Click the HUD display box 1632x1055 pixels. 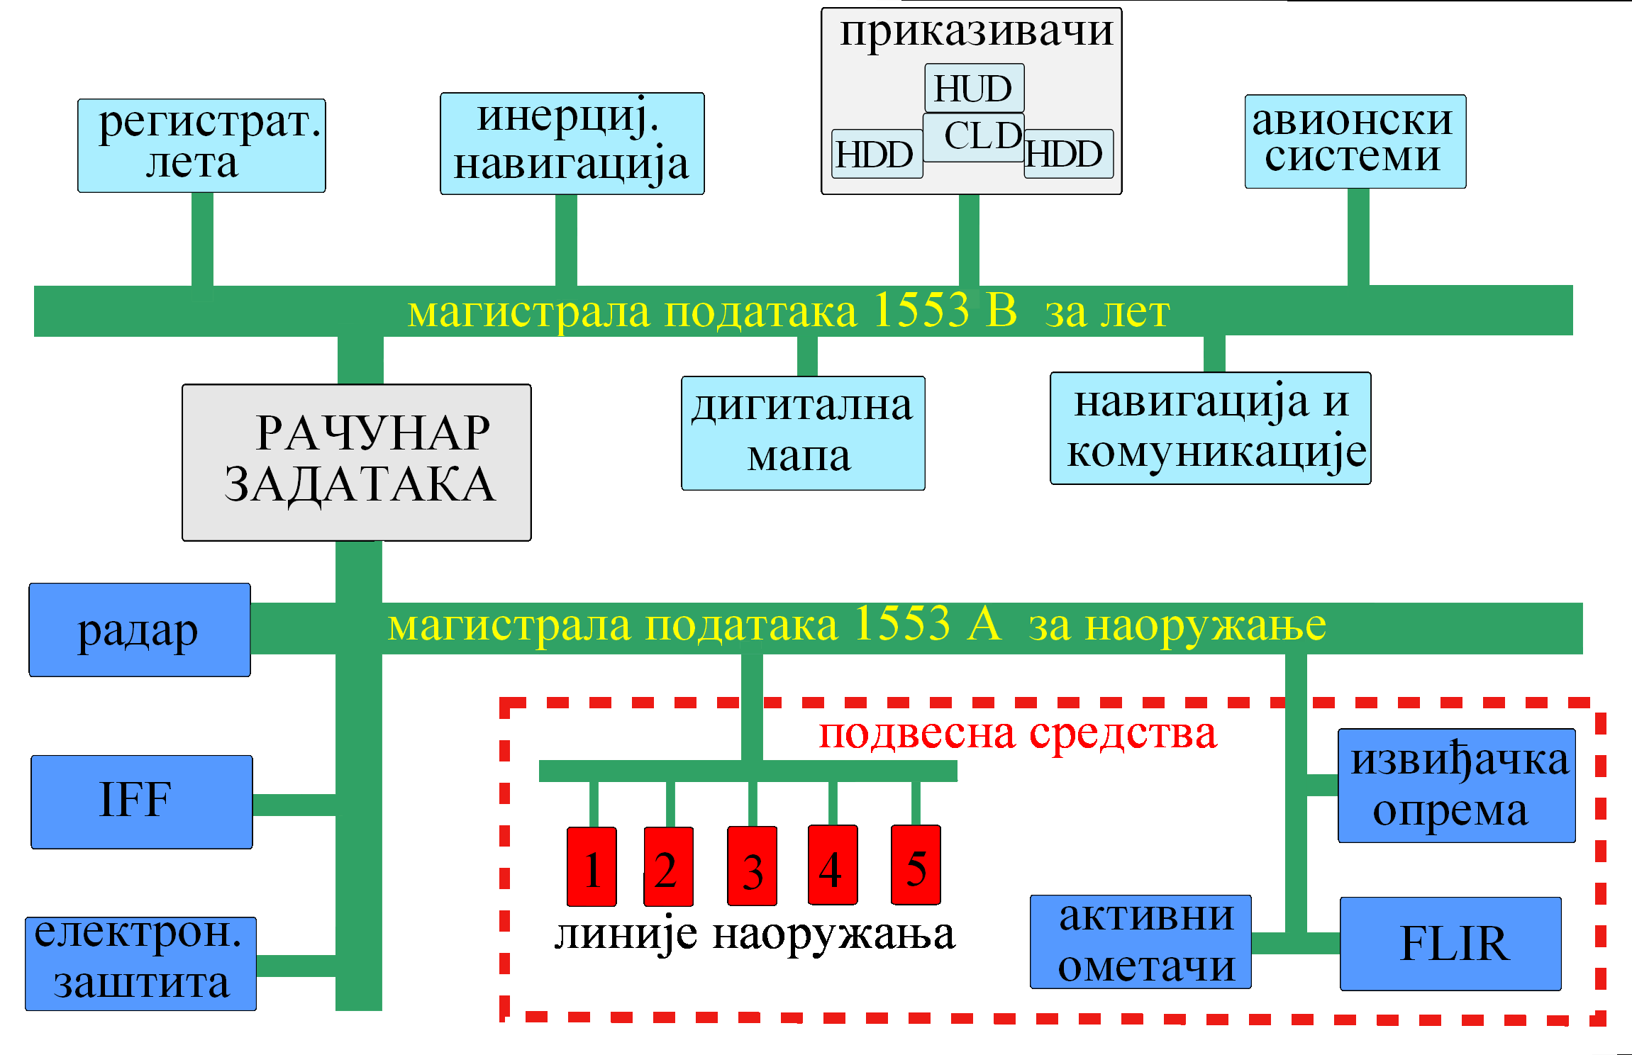974,88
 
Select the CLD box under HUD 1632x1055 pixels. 973,137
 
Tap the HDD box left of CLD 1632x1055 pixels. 877,154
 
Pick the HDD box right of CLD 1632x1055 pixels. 1068,154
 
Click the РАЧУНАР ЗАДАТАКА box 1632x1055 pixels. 356,462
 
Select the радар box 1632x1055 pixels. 139,630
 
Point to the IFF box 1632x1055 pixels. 141,801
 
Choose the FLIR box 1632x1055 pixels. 1450,943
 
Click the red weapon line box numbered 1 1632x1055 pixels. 592,866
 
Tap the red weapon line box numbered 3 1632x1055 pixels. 752,866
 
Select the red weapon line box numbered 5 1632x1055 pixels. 916,865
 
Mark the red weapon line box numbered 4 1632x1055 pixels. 833,865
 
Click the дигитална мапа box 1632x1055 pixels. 803,432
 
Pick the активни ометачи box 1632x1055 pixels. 1140,942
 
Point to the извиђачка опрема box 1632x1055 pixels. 1456,785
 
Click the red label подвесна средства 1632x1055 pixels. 1017,733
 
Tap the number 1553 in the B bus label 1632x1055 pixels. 920,310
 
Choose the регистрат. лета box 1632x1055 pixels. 201,145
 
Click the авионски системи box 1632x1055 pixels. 1355,141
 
